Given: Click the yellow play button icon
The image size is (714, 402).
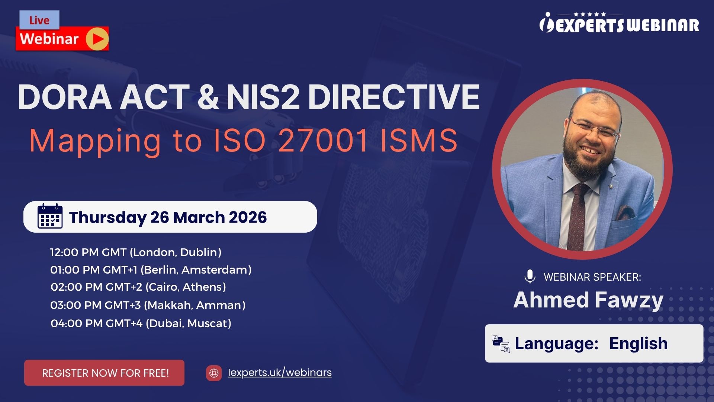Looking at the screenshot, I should point(97,39).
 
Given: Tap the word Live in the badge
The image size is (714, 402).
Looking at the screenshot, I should point(39,20).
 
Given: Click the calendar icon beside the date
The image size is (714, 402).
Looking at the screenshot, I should point(50,216).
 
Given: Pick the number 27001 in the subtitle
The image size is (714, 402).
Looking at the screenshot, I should point(322,141).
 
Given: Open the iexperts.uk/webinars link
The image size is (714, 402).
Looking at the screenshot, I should point(280,372).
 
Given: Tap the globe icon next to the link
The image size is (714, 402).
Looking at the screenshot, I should point(214,373).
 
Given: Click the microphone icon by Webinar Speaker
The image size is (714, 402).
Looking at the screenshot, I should point(530,277).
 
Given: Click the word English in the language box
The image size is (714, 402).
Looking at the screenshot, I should point(638,343).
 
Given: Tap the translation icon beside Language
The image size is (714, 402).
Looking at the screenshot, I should point(501,344).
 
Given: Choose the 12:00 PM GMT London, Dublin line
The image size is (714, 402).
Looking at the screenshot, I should point(136,252).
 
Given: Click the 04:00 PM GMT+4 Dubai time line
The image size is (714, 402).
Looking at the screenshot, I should point(141,323).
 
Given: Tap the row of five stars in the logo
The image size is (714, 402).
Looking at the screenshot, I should point(590,15).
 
